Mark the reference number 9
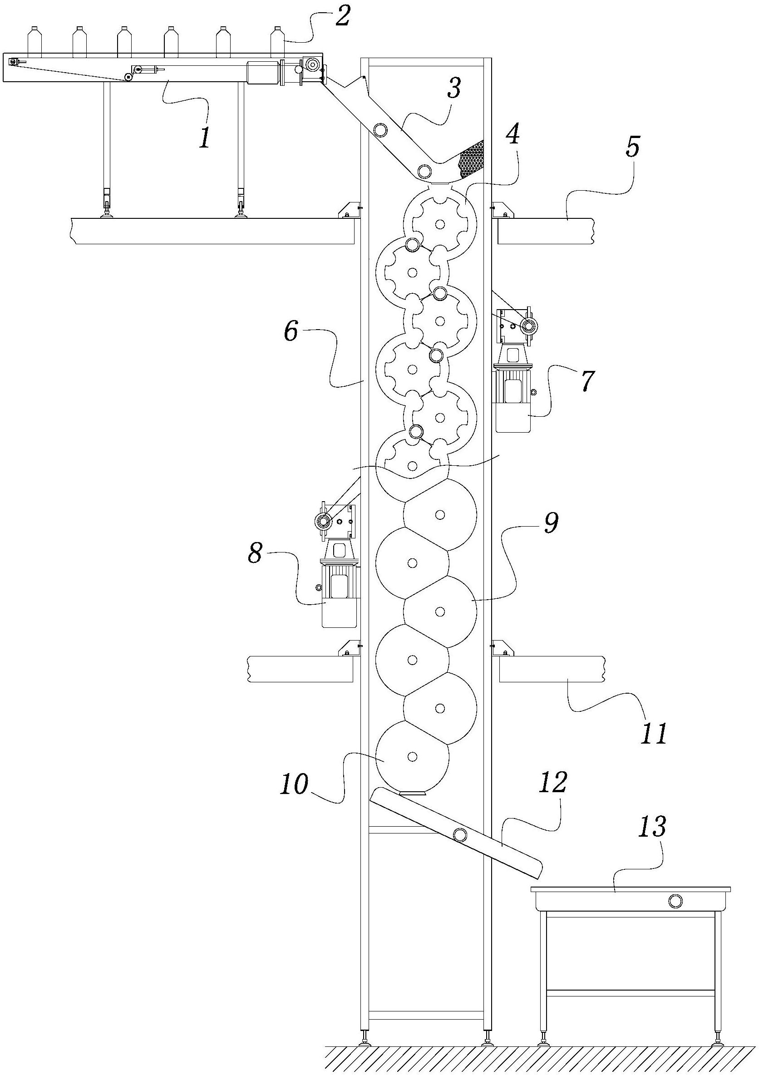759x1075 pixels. coord(550,523)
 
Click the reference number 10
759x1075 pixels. coord(295,783)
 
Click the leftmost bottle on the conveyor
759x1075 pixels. coord(34,42)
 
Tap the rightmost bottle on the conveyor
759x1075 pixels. coord(278,42)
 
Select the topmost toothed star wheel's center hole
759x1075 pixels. coord(440,225)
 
